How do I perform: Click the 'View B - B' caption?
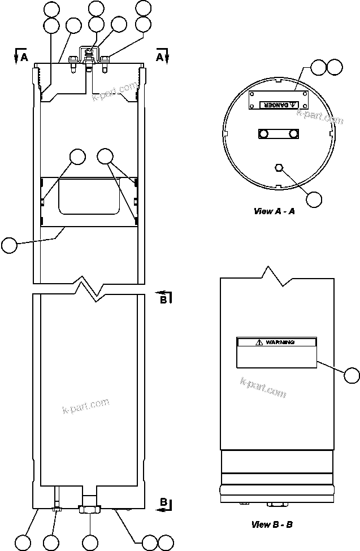[272, 524]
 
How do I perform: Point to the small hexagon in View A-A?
[278, 167]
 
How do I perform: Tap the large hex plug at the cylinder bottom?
[90, 509]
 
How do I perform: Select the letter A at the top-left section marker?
[24, 57]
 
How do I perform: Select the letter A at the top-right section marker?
[160, 57]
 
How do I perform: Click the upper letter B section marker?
[163, 300]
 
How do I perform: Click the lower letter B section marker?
[163, 502]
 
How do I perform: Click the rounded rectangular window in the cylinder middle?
[89, 196]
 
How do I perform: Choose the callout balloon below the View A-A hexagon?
[314, 199]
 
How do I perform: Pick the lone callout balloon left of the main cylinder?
[10, 245]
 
